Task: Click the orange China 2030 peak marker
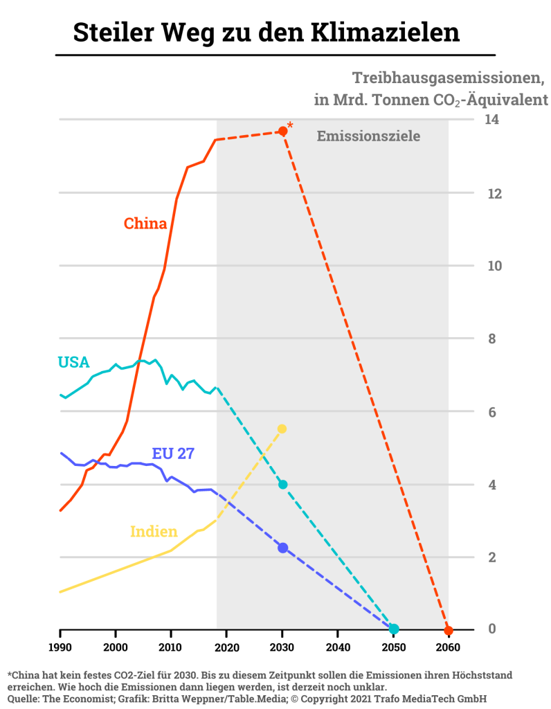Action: pos(282,131)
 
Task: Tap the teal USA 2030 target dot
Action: pos(282,484)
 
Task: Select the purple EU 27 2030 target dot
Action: pos(282,548)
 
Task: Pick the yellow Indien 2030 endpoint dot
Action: pos(282,429)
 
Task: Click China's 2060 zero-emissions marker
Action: pos(449,630)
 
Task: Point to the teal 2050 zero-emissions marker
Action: pos(394,629)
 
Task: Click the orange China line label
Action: pos(145,224)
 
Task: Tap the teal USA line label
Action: pos(73,362)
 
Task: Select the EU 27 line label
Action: pos(173,454)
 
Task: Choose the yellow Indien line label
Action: pos(154,532)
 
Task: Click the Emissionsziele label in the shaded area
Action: pos(368,136)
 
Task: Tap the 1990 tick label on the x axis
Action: pos(60,647)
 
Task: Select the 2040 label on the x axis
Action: pos(338,647)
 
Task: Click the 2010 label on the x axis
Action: pos(171,647)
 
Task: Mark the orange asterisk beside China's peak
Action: pos(290,125)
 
